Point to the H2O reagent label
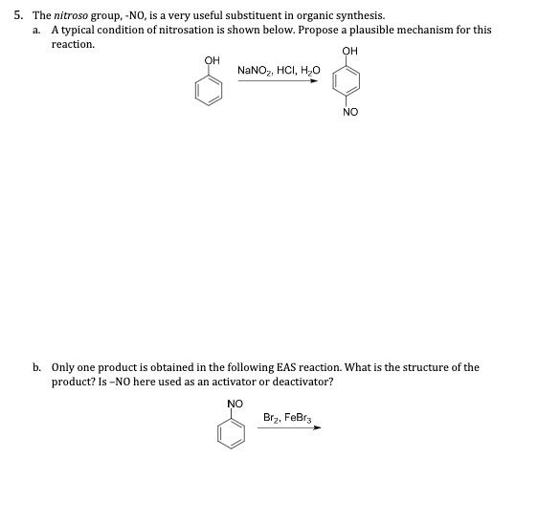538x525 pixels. click(310, 71)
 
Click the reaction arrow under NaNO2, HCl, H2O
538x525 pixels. click(279, 81)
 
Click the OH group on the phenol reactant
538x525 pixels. click(212, 60)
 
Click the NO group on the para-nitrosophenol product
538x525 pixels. click(348, 112)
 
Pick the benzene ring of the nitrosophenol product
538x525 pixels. click(348, 81)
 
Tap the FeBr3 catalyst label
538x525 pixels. click(300, 417)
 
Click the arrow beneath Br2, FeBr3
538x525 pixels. click(290, 427)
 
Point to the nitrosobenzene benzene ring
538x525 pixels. click(233, 433)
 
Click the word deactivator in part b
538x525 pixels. click(300, 382)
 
